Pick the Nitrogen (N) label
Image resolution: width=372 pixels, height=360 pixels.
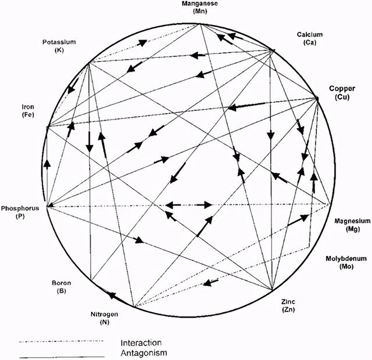point(105,318)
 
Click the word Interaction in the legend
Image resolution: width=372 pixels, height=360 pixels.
point(141,343)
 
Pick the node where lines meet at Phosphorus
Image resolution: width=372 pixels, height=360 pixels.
point(48,206)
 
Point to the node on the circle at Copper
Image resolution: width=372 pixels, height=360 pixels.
point(318,98)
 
